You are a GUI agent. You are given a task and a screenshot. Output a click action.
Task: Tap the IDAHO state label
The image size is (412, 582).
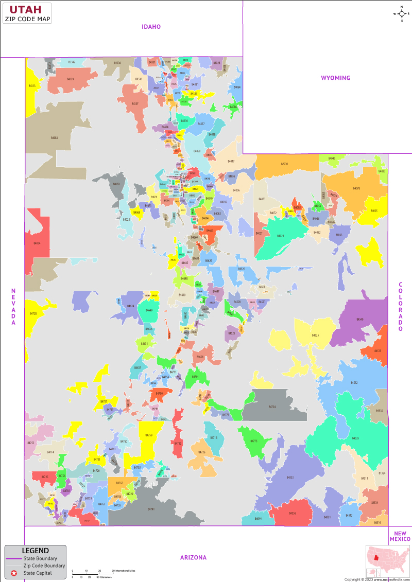pos(152,26)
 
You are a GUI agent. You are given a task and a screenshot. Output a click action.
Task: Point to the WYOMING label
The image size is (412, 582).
pos(335,78)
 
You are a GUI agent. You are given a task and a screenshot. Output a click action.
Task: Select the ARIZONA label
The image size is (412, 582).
pos(193,557)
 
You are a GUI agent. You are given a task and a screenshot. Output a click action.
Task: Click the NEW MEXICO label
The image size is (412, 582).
pos(400,536)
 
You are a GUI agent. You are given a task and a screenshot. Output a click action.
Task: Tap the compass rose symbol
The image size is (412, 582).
pos(401,14)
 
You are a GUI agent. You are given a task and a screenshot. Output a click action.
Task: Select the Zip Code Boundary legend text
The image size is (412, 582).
pos(44,566)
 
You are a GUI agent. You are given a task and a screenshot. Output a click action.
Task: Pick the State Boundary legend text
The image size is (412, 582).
pos(40,558)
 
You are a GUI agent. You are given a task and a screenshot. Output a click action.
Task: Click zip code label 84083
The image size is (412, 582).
pos(55,138)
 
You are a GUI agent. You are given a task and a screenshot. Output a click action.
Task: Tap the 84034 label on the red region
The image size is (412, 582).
pos(37,243)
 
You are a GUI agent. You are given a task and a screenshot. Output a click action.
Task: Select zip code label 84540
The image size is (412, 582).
pos(359,320)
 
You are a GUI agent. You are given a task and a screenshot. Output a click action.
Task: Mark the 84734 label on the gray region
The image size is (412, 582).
pos(272,407)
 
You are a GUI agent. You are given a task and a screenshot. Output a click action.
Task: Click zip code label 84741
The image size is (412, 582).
pos(151,508)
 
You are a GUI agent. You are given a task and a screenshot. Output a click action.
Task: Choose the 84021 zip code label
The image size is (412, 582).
pos(280,236)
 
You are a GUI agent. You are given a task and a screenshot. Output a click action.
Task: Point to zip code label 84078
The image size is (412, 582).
pos(356,188)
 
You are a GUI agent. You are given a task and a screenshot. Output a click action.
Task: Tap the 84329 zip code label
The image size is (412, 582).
pos(70,79)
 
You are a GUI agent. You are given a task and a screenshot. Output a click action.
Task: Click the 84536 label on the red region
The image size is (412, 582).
pos(292,513)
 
